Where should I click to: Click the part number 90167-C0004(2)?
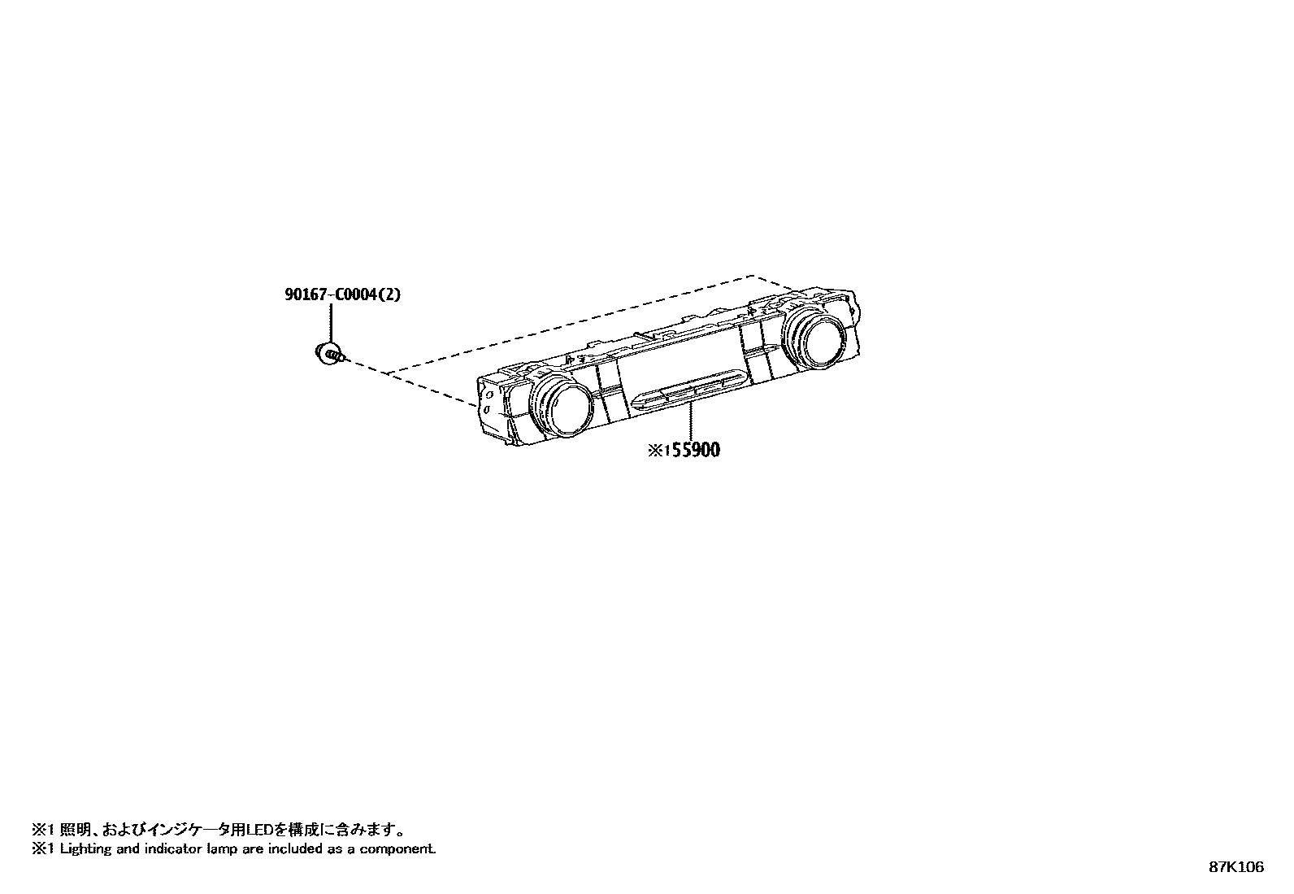(x=342, y=294)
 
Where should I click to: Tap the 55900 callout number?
(x=693, y=449)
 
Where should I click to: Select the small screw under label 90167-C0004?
(x=329, y=353)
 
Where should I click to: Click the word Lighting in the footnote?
(x=85, y=849)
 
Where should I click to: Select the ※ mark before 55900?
(x=654, y=450)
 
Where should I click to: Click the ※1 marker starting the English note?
(x=41, y=849)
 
